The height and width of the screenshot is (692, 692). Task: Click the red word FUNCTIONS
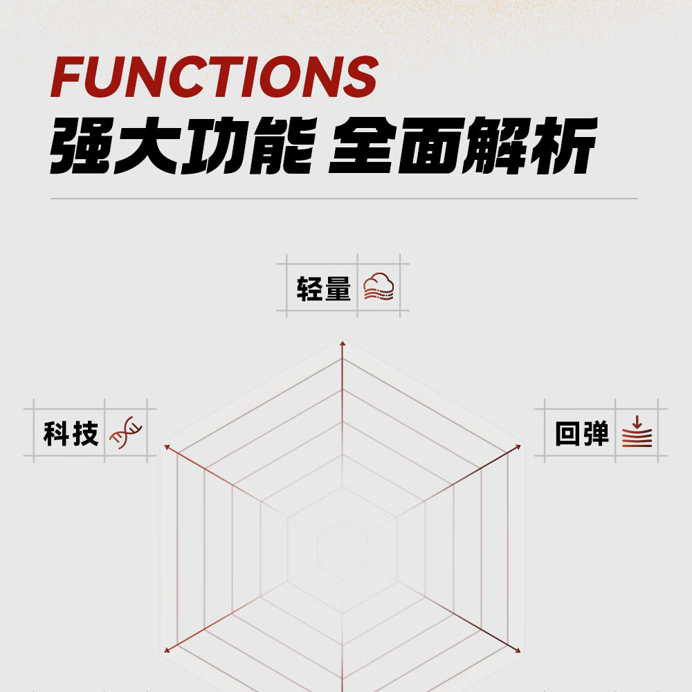(x=215, y=77)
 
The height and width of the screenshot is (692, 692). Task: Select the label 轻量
(x=324, y=289)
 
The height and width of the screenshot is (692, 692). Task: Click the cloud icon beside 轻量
(x=379, y=286)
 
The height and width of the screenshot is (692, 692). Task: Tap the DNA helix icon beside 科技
(x=126, y=434)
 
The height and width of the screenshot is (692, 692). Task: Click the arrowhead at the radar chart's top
(x=342, y=343)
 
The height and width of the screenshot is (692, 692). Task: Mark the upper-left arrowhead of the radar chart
(x=167, y=448)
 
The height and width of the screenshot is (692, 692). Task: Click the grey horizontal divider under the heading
(x=344, y=199)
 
